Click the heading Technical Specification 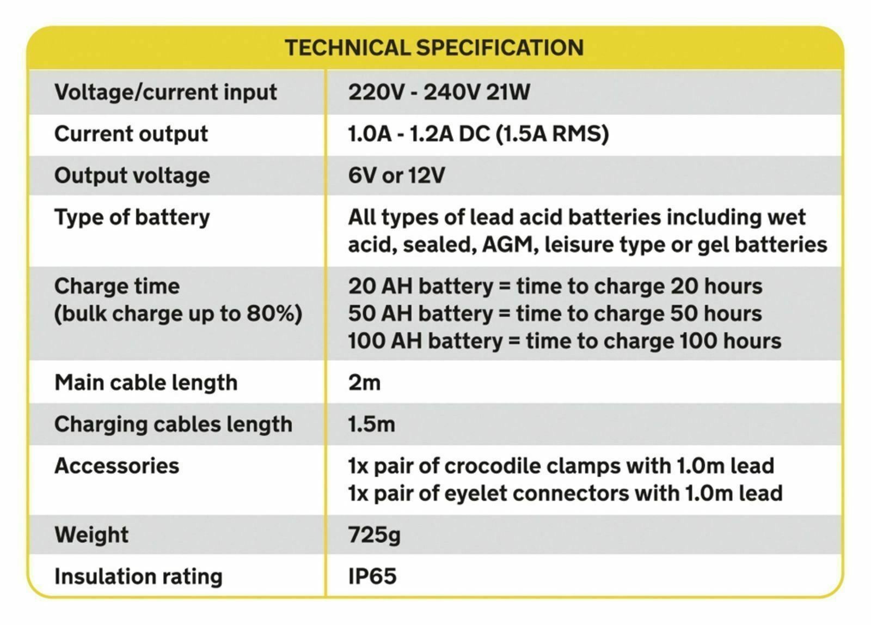click(434, 48)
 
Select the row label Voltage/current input click(165, 92)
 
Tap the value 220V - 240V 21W click(439, 92)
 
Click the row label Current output click(131, 134)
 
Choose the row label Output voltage click(132, 175)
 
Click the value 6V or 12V click(396, 175)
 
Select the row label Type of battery click(132, 217)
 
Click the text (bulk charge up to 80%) click(178, 314)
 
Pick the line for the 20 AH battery click(555, 287)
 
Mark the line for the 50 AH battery click(555, 314)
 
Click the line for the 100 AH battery click(565, 341)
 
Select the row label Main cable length click(146, 383)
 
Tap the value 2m click(364, 383)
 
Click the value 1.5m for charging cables click(371, 424)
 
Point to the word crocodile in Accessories click(492, 466)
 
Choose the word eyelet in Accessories click(475, 494)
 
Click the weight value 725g click(374, 535)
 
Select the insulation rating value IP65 click(372, 577)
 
